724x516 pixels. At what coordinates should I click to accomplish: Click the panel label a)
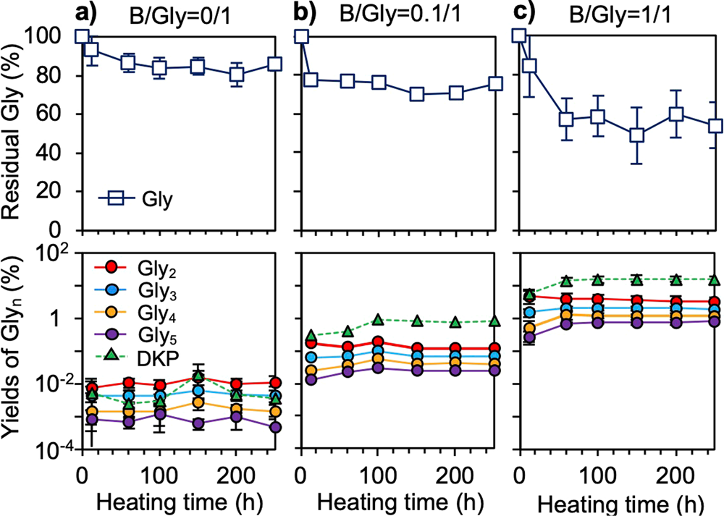(x=92, y=12)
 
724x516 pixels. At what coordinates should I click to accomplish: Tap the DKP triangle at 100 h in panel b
(x=377, y=319)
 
